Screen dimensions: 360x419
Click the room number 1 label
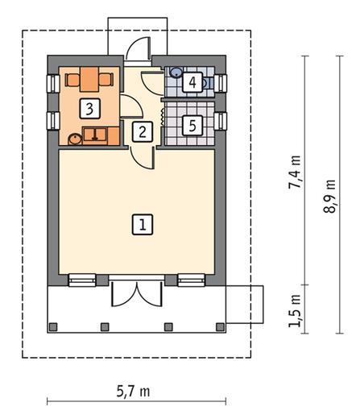pos(143,225)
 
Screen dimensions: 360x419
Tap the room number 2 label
pos(143,131)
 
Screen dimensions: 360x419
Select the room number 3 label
pos(90,109)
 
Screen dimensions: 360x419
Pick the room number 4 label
pos(192,82)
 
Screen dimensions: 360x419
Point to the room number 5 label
pos(192,125)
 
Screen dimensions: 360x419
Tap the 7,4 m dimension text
pos(295,172)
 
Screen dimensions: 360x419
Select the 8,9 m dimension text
pos(329,196)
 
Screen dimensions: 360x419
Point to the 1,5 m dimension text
pos(295,310)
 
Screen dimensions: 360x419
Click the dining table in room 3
pos(89,79)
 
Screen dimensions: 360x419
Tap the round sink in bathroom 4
pos(176,73)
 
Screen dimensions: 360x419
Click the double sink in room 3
pos(95,134)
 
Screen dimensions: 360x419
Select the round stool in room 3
pos(75,139)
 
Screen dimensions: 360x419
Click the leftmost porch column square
pos(53,326)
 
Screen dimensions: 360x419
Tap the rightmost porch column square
pos(221,326)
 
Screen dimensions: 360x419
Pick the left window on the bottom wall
pos(82,280)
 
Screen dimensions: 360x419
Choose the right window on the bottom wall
pos(192,280)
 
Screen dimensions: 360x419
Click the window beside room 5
pos(221,121)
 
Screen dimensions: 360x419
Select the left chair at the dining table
pos(72,80)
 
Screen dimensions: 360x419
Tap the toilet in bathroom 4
pos(208,83)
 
